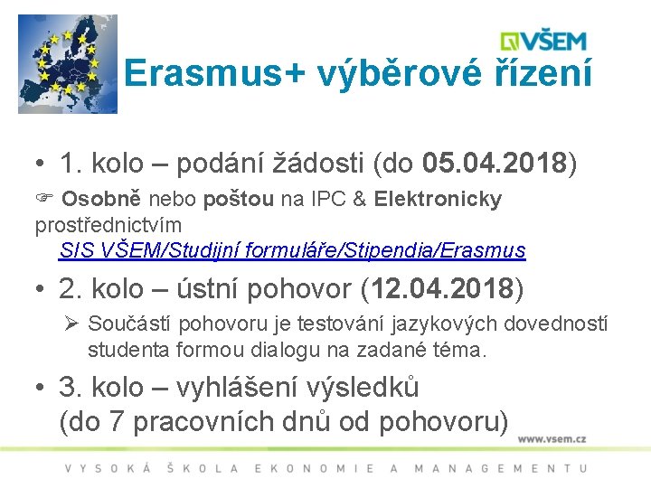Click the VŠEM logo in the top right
[x=544, y=42]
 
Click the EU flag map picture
[x=68, y=63]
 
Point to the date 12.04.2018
[x=441, y=289]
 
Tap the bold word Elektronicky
[x=438, y=199]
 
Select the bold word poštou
[x=239, y=199]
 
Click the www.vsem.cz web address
[x=552, y=439]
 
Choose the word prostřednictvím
[x=108, y=224]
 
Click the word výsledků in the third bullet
[x=373, y=388]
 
